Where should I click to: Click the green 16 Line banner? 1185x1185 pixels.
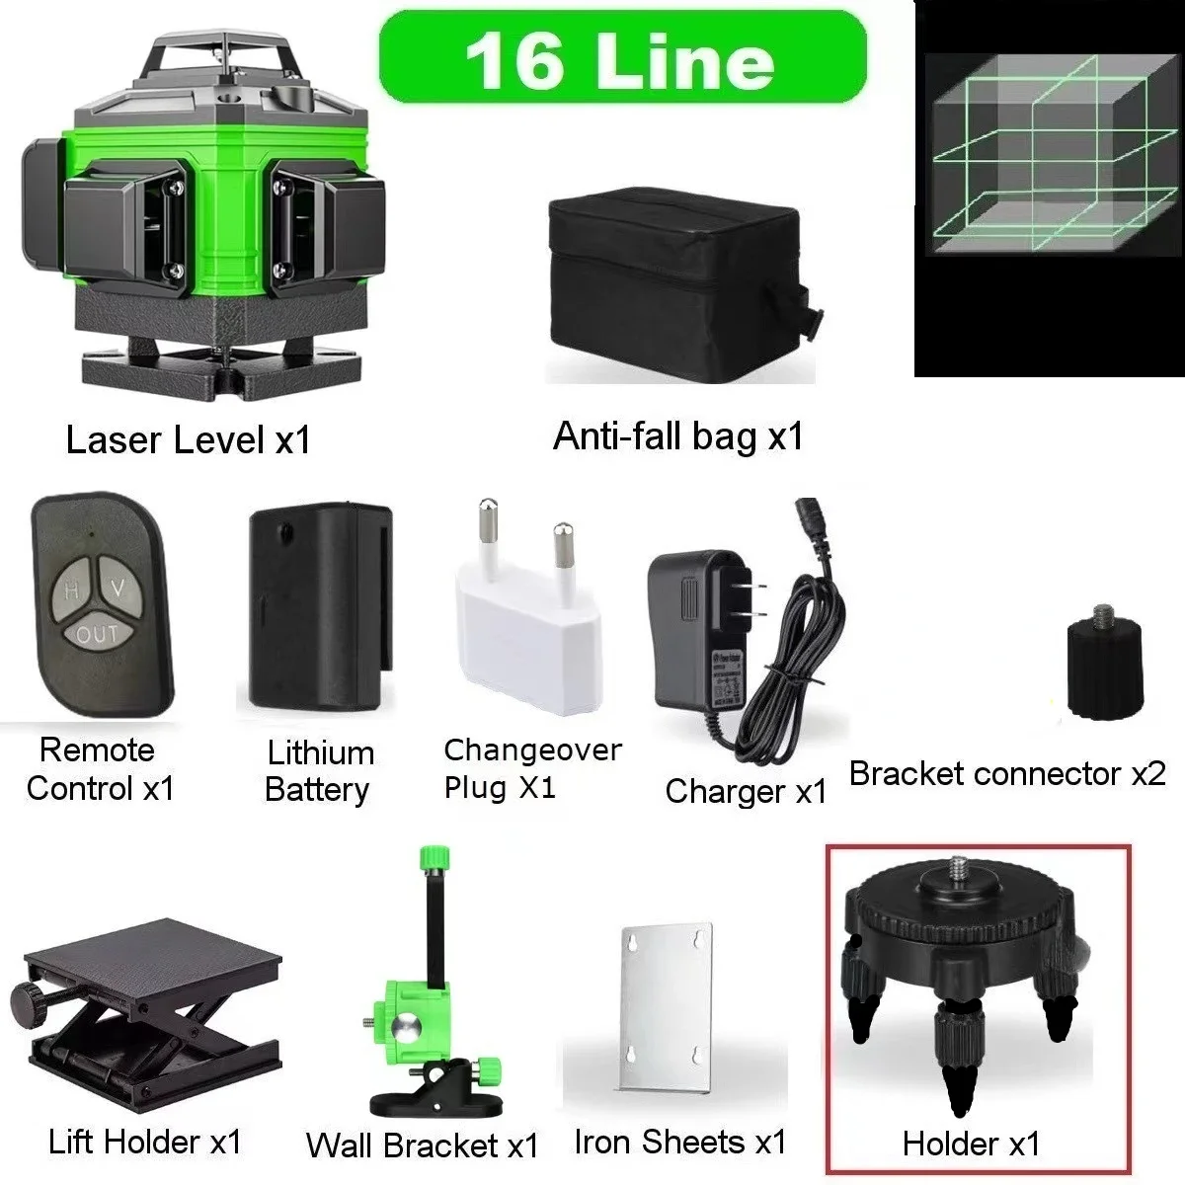[x=622, y=57]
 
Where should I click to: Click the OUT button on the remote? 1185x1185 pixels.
[x=97, y=635]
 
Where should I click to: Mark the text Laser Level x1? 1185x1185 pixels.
[x=188, y=440]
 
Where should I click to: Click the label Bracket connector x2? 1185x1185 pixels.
[x=1007, y=773]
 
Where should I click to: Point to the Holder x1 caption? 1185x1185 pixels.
[x=971, y=1144]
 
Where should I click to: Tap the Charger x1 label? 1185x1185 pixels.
[x=746, y=791]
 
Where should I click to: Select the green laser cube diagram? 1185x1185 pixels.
[x=1047, y=188]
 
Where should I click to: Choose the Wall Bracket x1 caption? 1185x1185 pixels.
[x=422, y=1145]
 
